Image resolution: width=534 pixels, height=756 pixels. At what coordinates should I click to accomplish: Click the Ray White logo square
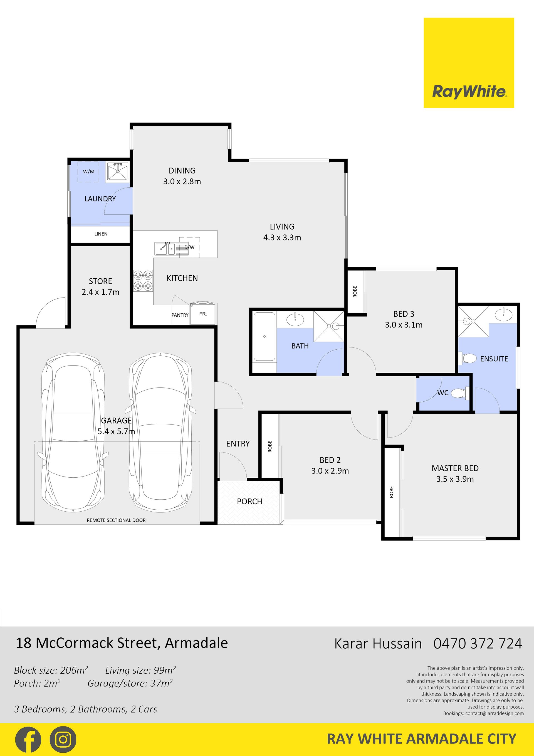[469, 63]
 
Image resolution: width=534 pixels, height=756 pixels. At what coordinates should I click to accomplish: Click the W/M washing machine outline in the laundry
[88, 171]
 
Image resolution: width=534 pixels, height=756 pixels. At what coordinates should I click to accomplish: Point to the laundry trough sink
[117, 171]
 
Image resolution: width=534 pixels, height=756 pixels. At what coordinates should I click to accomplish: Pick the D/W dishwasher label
[189, 247]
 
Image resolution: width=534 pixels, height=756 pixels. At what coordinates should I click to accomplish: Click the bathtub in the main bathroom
[264, 337]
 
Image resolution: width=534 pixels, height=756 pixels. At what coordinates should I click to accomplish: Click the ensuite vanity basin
[503, 315]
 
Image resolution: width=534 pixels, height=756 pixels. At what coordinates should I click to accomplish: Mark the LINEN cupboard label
[101, 234]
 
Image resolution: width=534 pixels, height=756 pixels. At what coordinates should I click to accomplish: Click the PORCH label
[249, 502]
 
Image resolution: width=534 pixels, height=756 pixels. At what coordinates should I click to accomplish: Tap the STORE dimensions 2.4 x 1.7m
[100, 292]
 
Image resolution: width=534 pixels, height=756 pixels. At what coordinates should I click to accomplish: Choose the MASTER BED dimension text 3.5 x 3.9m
[455, 479]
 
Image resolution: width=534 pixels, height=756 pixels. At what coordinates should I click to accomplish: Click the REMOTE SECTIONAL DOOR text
[116, 520]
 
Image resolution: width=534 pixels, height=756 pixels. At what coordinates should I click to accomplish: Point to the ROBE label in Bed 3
[355, 292]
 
